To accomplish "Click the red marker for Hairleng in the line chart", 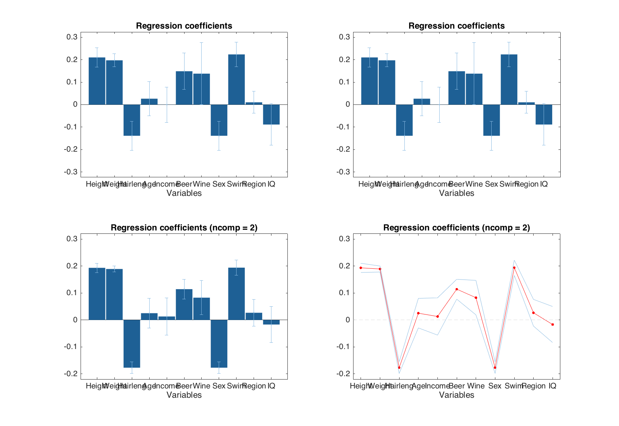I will (x=399, y=367).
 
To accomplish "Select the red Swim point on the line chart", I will (x=514, y=268).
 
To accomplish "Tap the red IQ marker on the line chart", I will (x=553, y=325).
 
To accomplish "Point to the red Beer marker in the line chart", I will (x=457, y=289).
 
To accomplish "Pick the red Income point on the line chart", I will (x=437, y=316).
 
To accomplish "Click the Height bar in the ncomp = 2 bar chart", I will (x=97, y=294).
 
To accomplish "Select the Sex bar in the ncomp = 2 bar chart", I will (x=219, y=343).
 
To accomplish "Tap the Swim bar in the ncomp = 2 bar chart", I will (x=236, y=294).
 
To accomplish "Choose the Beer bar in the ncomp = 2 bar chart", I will (x=184, y=304).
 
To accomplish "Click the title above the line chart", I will (x=456, y=227).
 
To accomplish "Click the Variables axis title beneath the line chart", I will (x=456, y=395).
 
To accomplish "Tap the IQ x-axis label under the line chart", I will (x=553, y=386).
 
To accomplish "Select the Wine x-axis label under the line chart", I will (x=476, y=386).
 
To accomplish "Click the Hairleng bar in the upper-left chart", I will (x=132, y=120).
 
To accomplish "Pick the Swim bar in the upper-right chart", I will (x=509, y=80).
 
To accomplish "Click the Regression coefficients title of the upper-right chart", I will (x=456, y=26).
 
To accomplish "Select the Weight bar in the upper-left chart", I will (x=114, y=83).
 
